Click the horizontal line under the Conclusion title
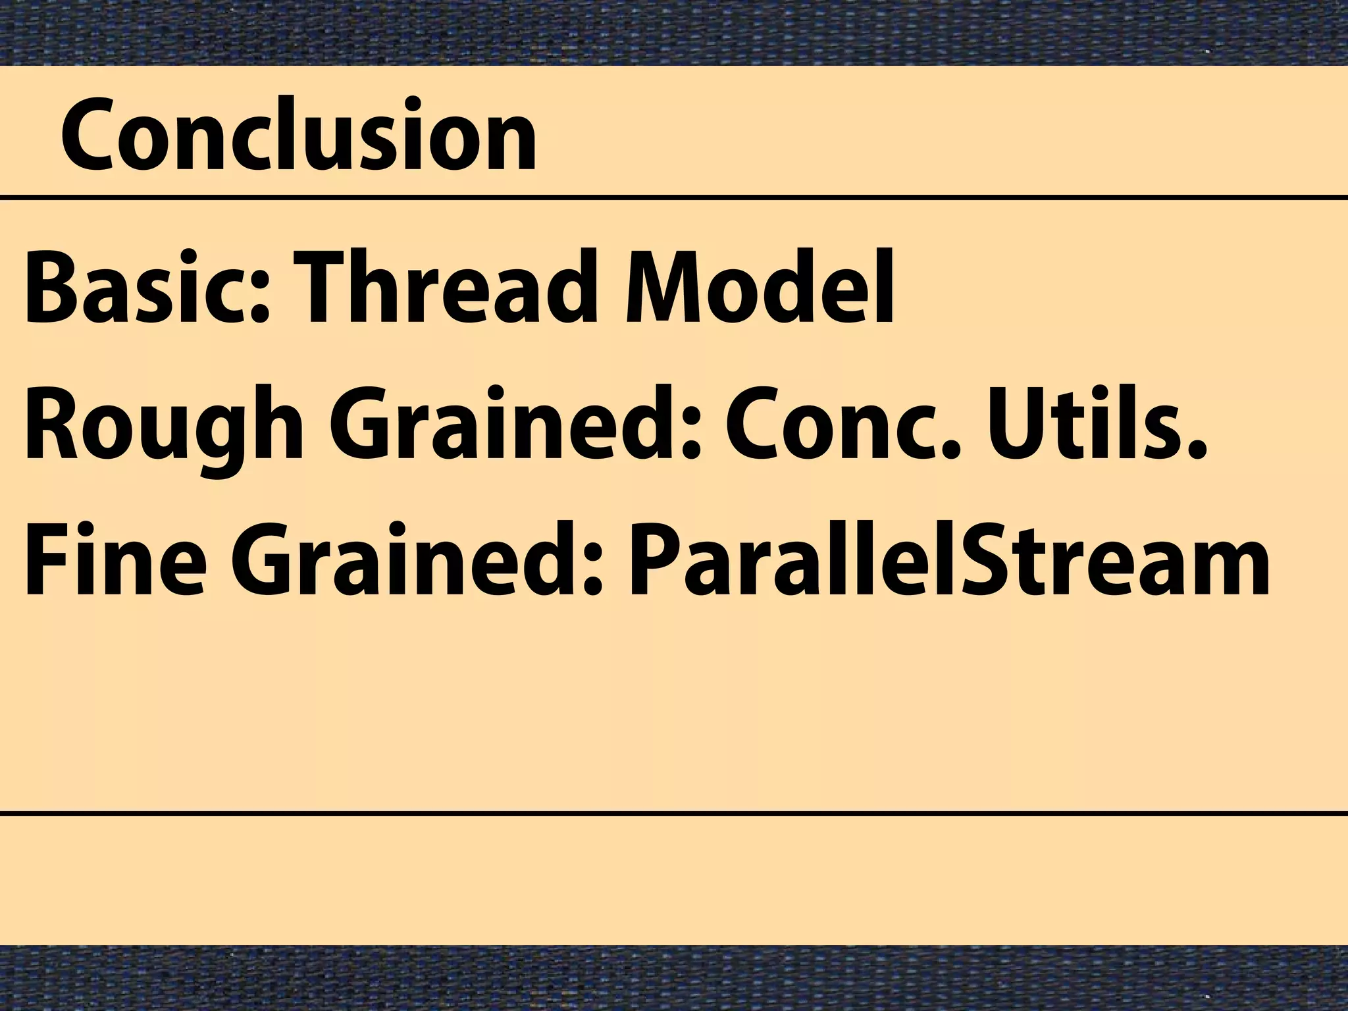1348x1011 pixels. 674,197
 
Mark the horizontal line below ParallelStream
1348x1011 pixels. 674,814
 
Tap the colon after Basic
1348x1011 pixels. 259,299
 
